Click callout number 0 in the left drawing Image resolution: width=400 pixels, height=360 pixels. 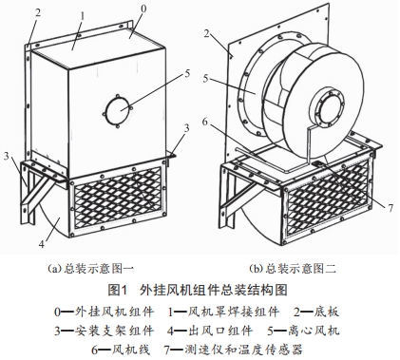click(143, 9)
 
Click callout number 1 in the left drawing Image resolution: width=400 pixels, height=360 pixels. click(83, 17)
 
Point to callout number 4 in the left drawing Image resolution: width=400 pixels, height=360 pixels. click(42, 244)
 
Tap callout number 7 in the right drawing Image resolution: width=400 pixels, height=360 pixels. click(390, 208)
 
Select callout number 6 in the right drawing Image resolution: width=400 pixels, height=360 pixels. click(205, 122)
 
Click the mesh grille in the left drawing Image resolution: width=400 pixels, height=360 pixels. click(118, 199)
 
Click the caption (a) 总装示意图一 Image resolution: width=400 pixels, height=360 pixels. click(90, 269)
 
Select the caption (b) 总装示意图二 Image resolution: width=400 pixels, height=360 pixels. click(292, 269)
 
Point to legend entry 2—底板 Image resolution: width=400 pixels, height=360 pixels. click(316, 313)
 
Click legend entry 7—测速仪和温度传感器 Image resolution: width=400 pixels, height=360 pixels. click(234, 350)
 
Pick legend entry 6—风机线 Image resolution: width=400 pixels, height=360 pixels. click(121, 350)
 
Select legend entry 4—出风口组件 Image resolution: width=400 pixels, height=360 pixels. click(210, 331)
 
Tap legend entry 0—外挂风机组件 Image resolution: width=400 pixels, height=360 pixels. click(105, 313)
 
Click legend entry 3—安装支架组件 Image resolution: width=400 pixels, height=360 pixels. click(105, 331)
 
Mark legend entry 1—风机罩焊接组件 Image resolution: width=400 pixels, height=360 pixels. click(223, 313)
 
